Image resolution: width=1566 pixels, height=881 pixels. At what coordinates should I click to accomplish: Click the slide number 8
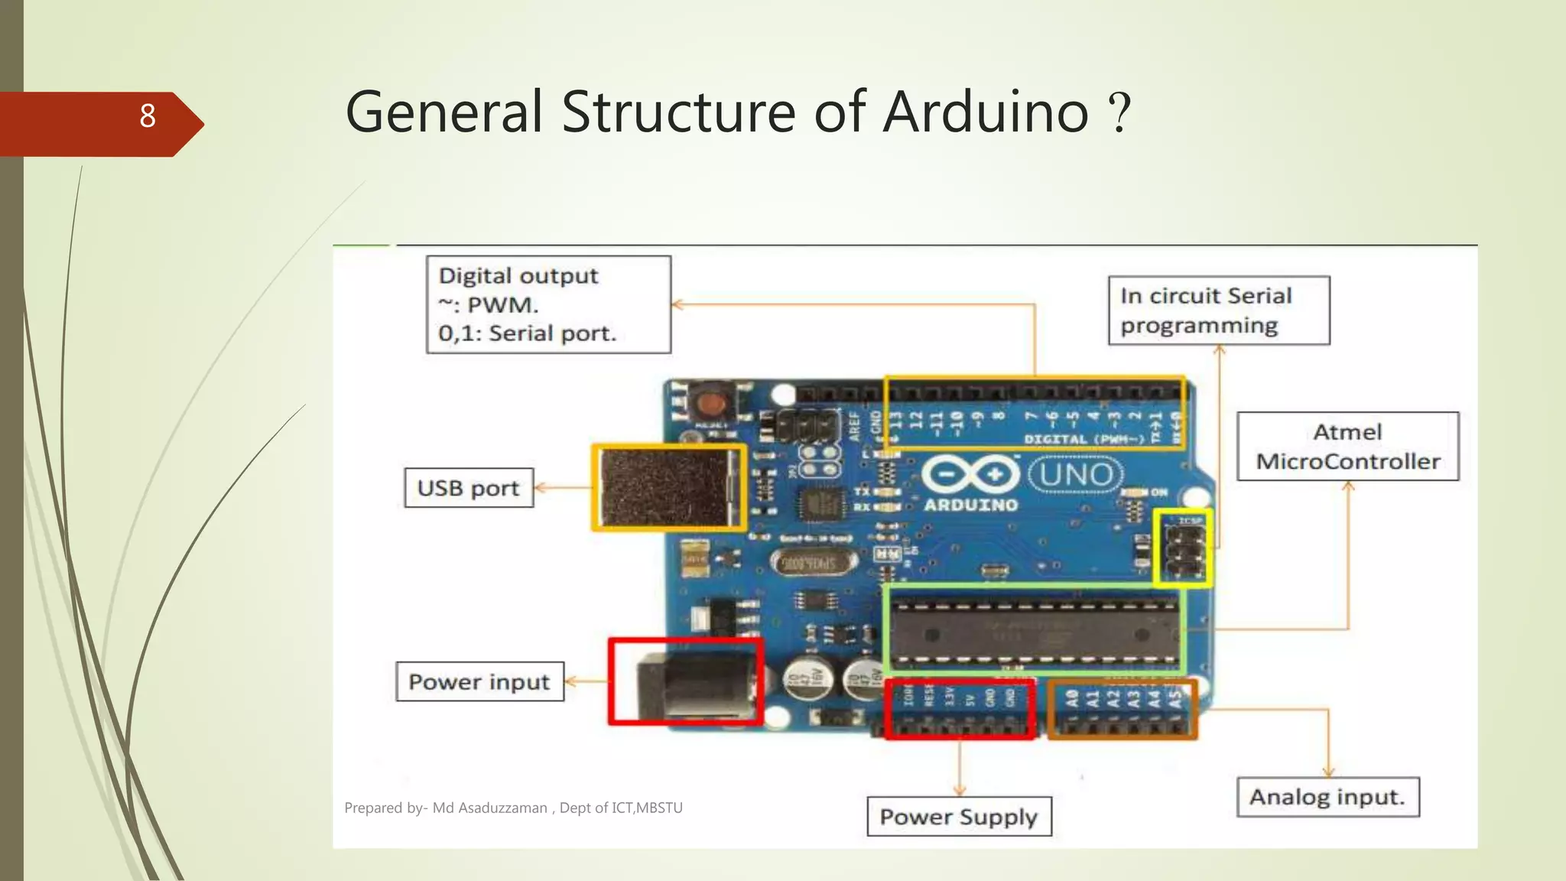tap(148, 116)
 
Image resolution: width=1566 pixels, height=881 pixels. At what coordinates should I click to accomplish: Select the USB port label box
tap(468, 488)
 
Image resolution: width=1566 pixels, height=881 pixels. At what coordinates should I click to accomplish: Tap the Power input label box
tap(479, 681)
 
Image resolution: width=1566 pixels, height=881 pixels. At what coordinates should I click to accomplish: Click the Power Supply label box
tap(958, 817)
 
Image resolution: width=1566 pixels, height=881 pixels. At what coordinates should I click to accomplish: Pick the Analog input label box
tap(1327, 798)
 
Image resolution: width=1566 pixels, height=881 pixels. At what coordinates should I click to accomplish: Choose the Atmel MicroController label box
tap(1347, 447)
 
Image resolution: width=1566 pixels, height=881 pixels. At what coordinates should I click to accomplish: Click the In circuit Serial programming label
tap(1218, 310)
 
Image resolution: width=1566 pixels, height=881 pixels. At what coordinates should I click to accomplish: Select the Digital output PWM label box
tap(548, 304)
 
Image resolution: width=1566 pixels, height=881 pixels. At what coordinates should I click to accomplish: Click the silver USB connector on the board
tap(668, 488)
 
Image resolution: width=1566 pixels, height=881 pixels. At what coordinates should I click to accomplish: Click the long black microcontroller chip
tap(1034, 634)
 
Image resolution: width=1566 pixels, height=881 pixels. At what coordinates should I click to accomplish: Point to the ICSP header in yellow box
tap(1183, 548)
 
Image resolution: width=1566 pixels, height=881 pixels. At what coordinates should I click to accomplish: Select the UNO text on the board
tap(1076, 475)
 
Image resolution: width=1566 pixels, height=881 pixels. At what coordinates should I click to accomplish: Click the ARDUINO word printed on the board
tap(970, 505)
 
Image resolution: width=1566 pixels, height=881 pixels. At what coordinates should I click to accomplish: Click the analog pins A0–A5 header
tap(1122, 710)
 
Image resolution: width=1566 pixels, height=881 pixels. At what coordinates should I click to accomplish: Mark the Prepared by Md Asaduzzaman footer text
tap(513, 808)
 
